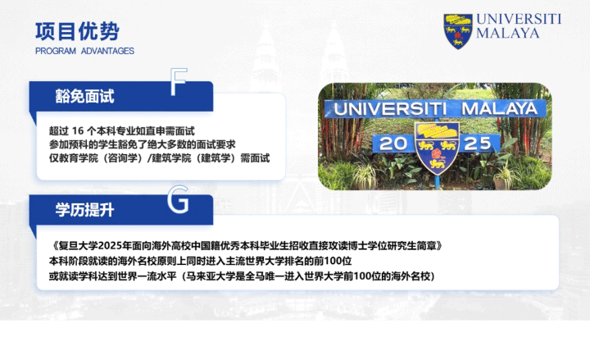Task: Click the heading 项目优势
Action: pos(77,31)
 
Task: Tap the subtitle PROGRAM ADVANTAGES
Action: pos(84,51)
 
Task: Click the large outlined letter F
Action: pos(179,82)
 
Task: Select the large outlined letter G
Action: pos(178,199)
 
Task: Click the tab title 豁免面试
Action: pos(84,97)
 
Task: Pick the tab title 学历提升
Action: pos(84,210)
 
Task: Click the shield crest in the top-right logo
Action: pos(457,32)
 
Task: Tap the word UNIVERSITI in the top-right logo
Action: pos(519,19)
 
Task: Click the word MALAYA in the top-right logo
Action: pos(508,33)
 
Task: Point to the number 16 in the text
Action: pos(78,131)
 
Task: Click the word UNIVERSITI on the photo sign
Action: pos(390,109)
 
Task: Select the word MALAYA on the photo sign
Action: pos(499,109)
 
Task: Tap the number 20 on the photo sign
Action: pos(393,144)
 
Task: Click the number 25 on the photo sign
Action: pos(478,144)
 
